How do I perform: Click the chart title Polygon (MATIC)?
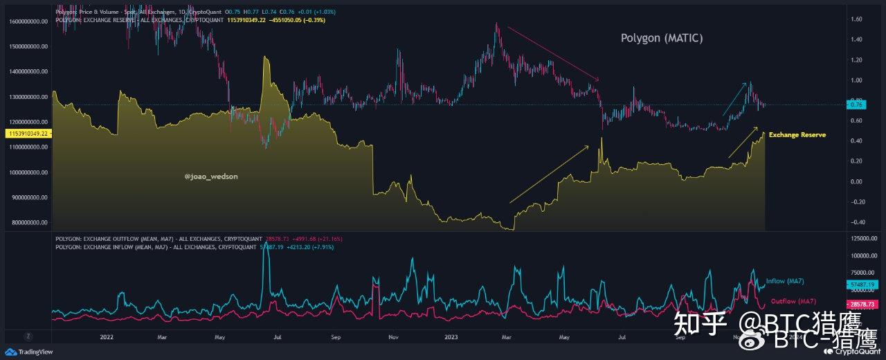pyautogui.click(x=661, y=39)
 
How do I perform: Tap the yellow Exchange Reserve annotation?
pyautogui.click(x=797, y=135)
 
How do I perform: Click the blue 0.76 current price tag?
pyautogui.click(x=856, y=105)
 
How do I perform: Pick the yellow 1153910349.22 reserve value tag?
pyautogui.click(x=26, y=132)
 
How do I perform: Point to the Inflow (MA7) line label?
pyautogui.click(x=785, y=281)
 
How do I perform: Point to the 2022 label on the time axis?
pyautogui.click(x=107, y=337)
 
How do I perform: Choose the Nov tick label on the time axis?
pyautogui.click(x=392, y=337)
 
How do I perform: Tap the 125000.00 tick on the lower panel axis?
pyautogui.click(x=862, y=237)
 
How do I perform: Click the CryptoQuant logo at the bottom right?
pyautogui.click(x=856, y=352)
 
